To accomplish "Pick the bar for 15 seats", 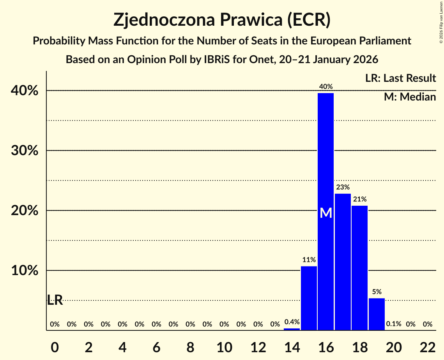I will click(309, 298).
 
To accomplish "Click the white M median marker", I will click(325, 213).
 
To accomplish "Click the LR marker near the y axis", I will click(55, 300).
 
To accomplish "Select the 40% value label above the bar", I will click(325, 86).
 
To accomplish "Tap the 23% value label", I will click(343, 187).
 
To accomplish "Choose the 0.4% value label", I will click(292, 322).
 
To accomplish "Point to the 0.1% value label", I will click(394, 324).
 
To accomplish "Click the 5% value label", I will click(377, 291).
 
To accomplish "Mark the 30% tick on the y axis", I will click(27, 150).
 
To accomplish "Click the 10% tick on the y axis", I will click(27, 270).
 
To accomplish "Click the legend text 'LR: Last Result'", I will click(400, 78).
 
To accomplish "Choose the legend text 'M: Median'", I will click(410, 97).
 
